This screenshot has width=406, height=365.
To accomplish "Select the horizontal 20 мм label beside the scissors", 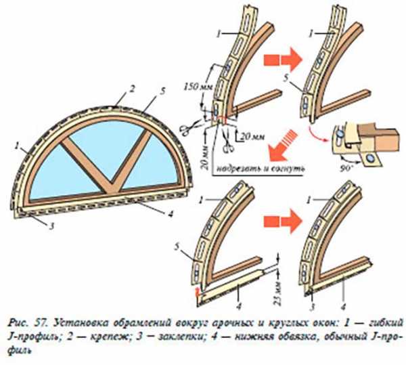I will pyautogui.click(x=251, y=136).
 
